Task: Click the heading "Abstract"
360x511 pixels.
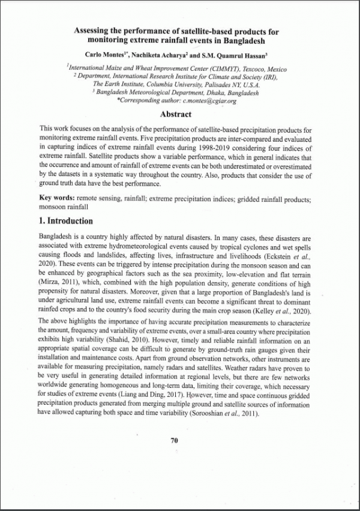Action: pyautogui.click(x=176, y=115)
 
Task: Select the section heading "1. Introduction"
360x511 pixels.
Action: pyautogui.click(x=66, y=221)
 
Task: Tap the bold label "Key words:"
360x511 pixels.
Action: pyautogui.click(x=58, y=198)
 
